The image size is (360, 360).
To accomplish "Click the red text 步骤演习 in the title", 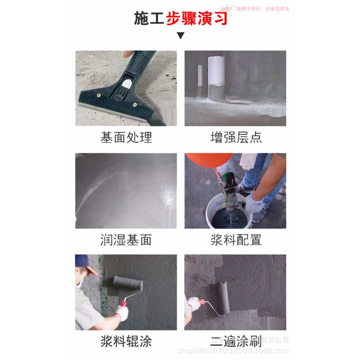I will tap(196, 18).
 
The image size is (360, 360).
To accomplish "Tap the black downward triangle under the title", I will tap(180, 36).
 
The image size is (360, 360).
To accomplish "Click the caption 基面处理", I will tap(126, 137).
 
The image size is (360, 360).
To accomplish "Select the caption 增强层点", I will tap(236, 137).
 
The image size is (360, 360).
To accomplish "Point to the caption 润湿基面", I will tap(126, 239).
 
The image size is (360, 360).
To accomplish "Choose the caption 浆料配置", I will tap(236, 239).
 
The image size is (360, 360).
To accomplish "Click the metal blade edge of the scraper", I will tap(112, 109).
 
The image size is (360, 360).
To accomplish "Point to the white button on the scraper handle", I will tap(127, 84).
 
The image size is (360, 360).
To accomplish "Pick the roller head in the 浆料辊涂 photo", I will tap(128, 284).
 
